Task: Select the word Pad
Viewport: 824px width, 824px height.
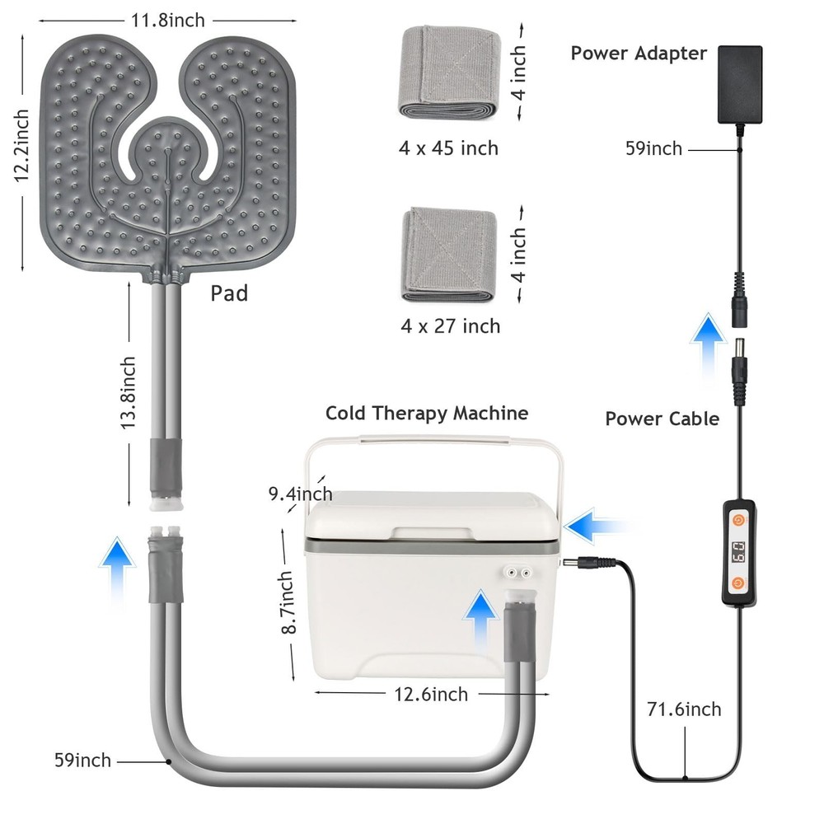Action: [x=229, y=293]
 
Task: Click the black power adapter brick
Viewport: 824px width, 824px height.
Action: [x=740, y=85]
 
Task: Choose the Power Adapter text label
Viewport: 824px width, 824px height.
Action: [x=639, y=54]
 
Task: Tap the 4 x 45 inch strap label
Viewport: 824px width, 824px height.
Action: [x=450, y=148]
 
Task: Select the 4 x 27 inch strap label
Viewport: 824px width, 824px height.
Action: [x=451, y=326]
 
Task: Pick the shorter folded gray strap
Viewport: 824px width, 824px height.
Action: [x=449, y=255]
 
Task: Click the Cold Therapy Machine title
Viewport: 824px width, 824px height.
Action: [x=427, y=413]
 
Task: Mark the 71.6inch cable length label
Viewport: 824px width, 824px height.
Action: [x=684, y=709]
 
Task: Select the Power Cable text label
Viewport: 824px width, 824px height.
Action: [x=662, y=419]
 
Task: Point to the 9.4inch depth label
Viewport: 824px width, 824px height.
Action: [x=300, y=494]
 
